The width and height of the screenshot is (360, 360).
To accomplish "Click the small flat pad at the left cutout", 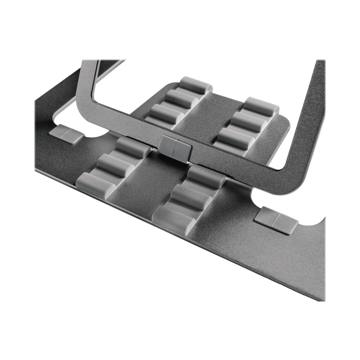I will tap(66, 134).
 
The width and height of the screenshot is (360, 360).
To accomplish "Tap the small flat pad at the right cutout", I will tap(276, 220).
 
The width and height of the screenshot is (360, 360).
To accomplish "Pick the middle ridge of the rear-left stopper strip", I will tap(180, 99).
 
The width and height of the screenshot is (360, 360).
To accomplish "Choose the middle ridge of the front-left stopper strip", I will tap(115, 164).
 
